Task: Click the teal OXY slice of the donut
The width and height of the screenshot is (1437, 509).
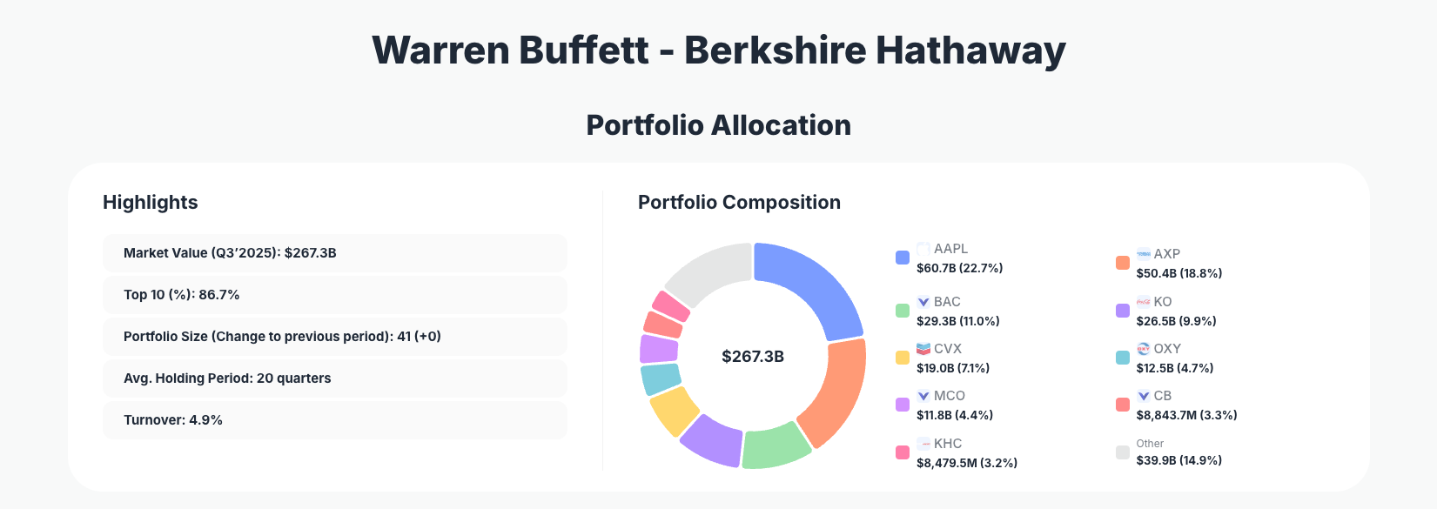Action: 661,379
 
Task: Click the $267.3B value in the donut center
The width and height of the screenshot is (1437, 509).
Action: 753,357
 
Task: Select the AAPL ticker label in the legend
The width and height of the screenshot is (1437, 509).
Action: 950,249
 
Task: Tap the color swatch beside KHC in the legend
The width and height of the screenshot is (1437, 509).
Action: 903,452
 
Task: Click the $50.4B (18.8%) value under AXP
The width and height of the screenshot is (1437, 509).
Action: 1178,273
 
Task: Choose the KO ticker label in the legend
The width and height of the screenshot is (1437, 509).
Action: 1163,302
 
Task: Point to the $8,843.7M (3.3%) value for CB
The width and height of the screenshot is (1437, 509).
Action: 1186,415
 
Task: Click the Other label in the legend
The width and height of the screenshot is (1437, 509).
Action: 1150,444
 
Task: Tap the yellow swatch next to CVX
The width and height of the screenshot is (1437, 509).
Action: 903,358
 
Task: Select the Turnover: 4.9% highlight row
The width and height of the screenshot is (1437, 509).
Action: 334,420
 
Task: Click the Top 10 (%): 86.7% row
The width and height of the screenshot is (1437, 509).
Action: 334,295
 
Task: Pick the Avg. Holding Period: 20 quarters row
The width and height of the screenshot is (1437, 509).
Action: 334,378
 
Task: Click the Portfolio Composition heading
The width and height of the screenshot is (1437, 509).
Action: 739,203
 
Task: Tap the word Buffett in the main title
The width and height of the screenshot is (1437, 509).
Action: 584,50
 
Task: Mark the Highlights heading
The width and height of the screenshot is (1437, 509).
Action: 151,203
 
